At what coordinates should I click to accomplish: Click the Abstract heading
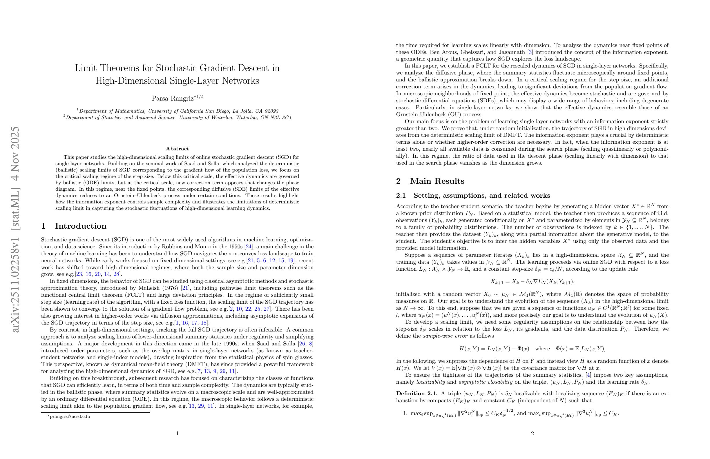[177, 149]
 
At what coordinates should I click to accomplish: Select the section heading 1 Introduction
[74, 226]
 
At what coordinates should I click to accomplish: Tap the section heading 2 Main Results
[430, 181]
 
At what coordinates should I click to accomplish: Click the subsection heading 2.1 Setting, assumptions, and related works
[473, 196]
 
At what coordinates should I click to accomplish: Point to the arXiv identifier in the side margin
[15, 230]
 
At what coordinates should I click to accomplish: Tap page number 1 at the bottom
[177, 434]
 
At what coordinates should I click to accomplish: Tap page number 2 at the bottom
[532, 434]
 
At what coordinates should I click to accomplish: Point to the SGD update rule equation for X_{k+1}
[532, 282]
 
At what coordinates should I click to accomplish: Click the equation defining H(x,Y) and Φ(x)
[532, 348]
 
